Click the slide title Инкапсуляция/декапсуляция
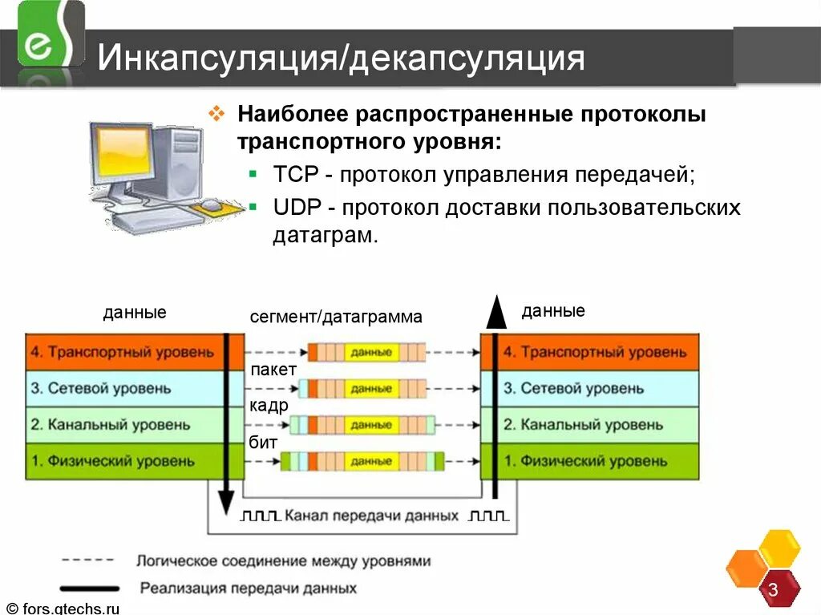point(341,59)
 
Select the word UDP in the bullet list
point(297,208)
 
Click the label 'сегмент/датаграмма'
point(335,317)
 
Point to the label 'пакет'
point(273,370)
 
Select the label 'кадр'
point(269,406)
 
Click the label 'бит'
point(263,442)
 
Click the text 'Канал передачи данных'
point(371,516)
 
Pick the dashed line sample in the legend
point(89,560)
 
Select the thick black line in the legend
point(89,588)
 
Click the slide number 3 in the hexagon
point(773,590)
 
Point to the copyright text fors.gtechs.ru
point(62,608)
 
